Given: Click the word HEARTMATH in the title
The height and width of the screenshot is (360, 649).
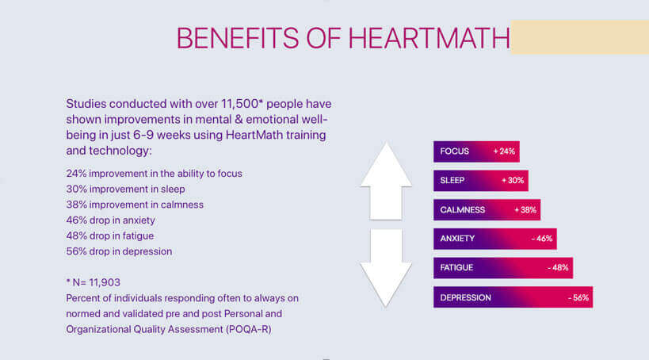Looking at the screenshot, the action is point(429,38).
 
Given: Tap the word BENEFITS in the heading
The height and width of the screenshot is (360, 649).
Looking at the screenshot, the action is point(238,38).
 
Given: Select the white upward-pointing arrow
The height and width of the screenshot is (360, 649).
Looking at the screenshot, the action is point(386,181).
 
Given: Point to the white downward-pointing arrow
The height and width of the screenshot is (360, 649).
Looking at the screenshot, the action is point(386,267).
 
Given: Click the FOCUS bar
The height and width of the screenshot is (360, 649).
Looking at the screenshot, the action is point(476,151).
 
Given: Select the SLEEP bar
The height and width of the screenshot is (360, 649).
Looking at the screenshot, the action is point(481,180).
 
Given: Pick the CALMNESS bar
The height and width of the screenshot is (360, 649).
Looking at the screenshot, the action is point(487,209).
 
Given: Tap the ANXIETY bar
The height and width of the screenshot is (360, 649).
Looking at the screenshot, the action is point(495,239).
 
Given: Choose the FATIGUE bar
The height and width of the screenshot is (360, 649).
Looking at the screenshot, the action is point(503,267).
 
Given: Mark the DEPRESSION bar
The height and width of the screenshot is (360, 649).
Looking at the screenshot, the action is point(513,297).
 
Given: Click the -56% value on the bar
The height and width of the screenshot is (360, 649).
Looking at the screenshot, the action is point(578,298).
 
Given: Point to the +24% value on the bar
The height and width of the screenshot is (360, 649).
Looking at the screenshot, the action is point(504,151).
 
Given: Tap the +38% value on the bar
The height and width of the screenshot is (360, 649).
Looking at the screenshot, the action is point(525,210).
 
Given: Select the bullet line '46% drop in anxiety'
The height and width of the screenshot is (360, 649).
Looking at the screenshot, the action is point(110,220).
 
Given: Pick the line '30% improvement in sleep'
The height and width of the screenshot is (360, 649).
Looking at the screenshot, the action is point(125,190).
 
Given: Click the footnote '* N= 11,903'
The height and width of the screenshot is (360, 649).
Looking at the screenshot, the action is point(94,282).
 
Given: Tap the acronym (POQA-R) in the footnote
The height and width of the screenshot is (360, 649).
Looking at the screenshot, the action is point(249,329).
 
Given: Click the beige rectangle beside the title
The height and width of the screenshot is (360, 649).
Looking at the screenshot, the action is point(580,36).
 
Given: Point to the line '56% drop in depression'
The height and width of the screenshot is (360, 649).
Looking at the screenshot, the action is point(119,251).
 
